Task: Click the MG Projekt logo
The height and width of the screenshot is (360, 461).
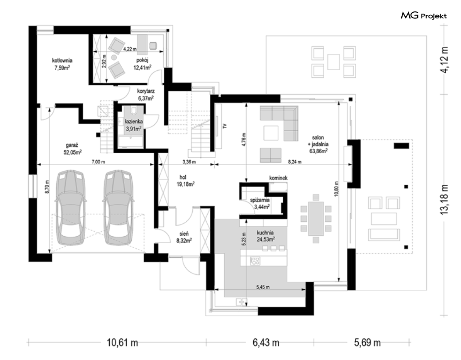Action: point(424,15)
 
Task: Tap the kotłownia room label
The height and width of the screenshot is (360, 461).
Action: point(62,64)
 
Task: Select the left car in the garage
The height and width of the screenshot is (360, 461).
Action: point(71,207)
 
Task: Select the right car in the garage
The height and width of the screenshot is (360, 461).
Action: point(118,207)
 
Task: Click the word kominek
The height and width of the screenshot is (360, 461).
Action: point(278,178)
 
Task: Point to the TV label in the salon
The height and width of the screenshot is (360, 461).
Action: point(225,126)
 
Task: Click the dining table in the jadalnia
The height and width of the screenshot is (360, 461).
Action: point(316,218)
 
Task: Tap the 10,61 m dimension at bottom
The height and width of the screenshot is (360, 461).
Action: point(122,343)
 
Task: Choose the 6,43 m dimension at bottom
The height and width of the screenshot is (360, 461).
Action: point(266,343)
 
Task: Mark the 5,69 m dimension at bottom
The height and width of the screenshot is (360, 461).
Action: point(367,343)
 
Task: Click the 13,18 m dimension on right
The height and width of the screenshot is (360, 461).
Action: point(444,199)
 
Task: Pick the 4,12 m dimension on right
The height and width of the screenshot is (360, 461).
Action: point(444,60)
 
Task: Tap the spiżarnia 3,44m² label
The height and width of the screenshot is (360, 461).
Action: point(260,203)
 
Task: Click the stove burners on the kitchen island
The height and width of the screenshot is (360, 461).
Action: point(255,261)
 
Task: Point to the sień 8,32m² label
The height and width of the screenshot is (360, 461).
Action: point(184,237)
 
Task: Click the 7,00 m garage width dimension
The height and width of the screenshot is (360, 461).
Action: point(98,162)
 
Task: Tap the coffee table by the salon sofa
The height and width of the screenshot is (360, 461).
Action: point(271,133)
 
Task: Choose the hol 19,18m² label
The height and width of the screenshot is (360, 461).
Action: point(185,181)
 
